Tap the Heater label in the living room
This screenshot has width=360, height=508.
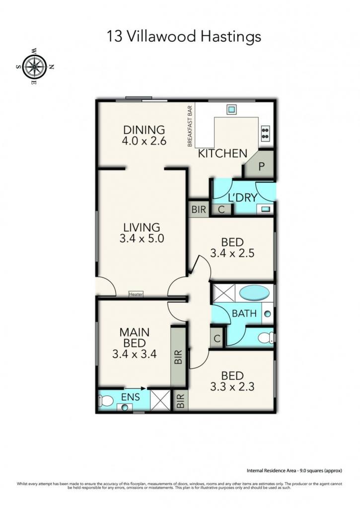click(x=136, y=294)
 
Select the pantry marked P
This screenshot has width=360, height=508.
click(x=261, y=166)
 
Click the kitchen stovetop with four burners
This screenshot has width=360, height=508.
click(x=265, y=133)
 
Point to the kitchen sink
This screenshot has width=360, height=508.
click(x=231, y=110)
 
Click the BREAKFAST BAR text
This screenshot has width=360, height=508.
click(x=190, y=126)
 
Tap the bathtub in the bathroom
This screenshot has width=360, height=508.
click(x=254, y=294)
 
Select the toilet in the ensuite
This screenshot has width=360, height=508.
click(x=106, y=401)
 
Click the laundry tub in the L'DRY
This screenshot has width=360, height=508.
click(x=265, y=209)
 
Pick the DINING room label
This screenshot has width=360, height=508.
click(x=144, y=129)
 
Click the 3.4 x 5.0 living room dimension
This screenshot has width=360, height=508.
click(x=142, y=239)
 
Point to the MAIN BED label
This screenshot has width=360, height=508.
click(x=134, y=337)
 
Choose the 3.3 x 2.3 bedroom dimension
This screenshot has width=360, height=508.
click(x=232, y=386)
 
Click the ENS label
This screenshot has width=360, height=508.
click(x=131, y=396)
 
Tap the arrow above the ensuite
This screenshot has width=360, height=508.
click(x=136, y=388)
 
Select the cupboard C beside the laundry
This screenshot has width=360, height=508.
click(x=221, y=209)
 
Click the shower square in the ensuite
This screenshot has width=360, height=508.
click(x=160, y=400)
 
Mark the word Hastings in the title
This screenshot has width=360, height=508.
click(x=231, y=37)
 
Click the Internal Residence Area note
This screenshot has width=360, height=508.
click(x=294, y=470)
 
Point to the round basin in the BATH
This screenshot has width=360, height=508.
click(x=268, y=314)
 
